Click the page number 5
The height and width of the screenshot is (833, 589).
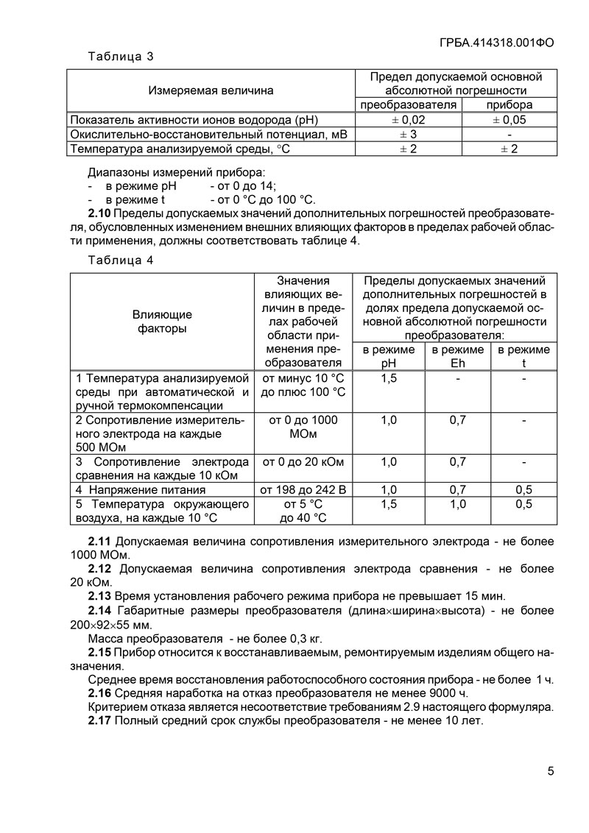point(551,771)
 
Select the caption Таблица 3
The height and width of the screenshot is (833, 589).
point(120,57)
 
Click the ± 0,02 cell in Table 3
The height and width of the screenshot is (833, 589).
point(408,120)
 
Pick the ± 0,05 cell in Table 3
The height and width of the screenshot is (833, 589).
point(509,120)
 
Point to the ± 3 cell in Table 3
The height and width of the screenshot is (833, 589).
point(408,135)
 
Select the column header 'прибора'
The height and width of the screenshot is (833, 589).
point(509,105)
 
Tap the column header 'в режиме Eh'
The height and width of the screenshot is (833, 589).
point(457,356)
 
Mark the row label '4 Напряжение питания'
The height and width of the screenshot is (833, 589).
point(141,489)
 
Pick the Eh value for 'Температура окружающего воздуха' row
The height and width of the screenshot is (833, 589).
point(457,504)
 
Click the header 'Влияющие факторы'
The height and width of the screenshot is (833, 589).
point(162,322)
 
